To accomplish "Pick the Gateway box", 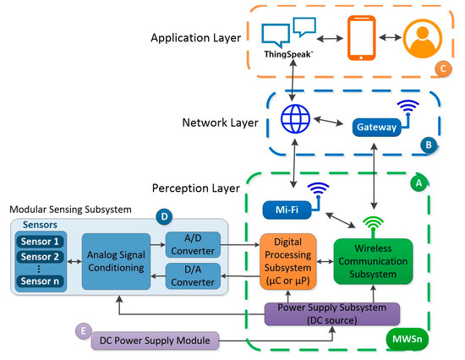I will [374, 127].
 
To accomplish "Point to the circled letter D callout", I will [166, 216].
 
